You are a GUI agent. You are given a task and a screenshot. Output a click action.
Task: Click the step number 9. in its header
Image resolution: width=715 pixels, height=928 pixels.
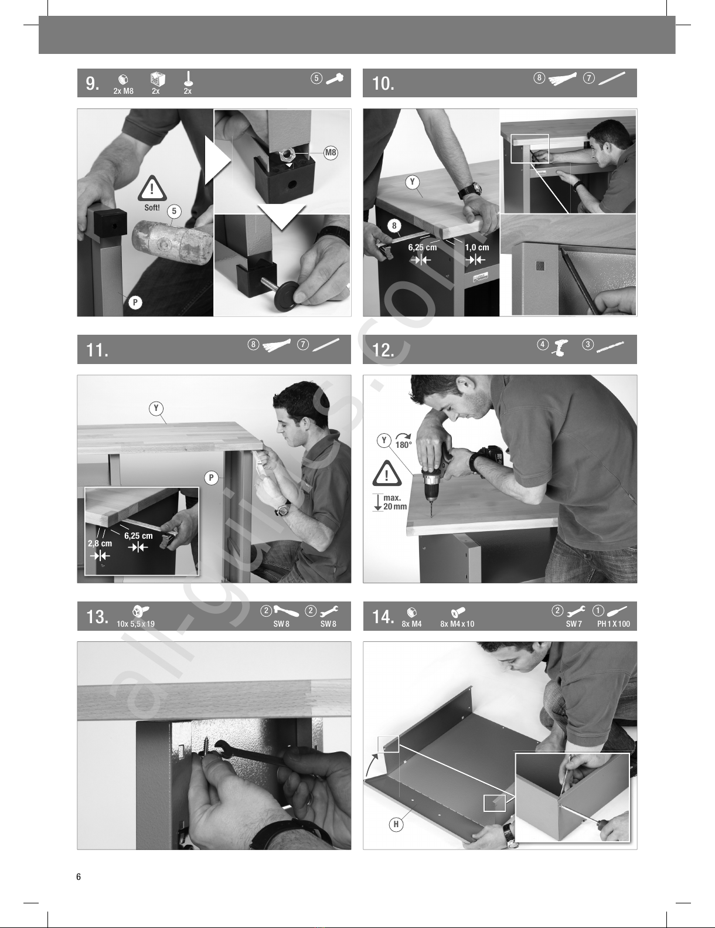93,83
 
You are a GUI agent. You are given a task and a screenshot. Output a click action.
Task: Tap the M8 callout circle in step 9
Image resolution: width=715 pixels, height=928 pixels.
331,152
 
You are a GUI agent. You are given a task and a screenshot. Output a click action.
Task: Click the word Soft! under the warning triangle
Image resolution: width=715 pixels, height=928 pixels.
152,208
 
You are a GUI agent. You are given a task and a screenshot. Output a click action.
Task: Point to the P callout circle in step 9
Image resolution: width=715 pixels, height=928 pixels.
135,302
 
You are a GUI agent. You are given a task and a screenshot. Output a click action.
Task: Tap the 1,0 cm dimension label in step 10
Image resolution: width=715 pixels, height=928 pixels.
477,247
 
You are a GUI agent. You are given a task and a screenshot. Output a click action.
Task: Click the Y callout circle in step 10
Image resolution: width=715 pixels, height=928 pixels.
413,182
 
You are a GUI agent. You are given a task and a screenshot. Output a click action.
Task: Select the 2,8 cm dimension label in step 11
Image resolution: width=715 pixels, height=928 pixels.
100,543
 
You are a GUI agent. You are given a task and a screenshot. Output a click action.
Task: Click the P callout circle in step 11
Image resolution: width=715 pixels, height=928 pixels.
212,477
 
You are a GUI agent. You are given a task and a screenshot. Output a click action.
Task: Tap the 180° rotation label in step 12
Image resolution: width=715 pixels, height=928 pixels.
403,444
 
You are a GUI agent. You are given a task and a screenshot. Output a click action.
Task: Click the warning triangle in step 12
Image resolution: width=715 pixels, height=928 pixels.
387,473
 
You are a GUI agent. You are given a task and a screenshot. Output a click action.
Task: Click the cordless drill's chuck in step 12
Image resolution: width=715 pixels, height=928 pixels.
430,495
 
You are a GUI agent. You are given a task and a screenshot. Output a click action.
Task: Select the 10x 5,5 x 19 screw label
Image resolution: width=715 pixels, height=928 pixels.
136,624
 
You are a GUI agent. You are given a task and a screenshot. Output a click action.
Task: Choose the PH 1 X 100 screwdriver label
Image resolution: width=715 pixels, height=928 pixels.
614,624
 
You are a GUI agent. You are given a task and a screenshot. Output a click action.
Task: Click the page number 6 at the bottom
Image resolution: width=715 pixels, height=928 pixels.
79,876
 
